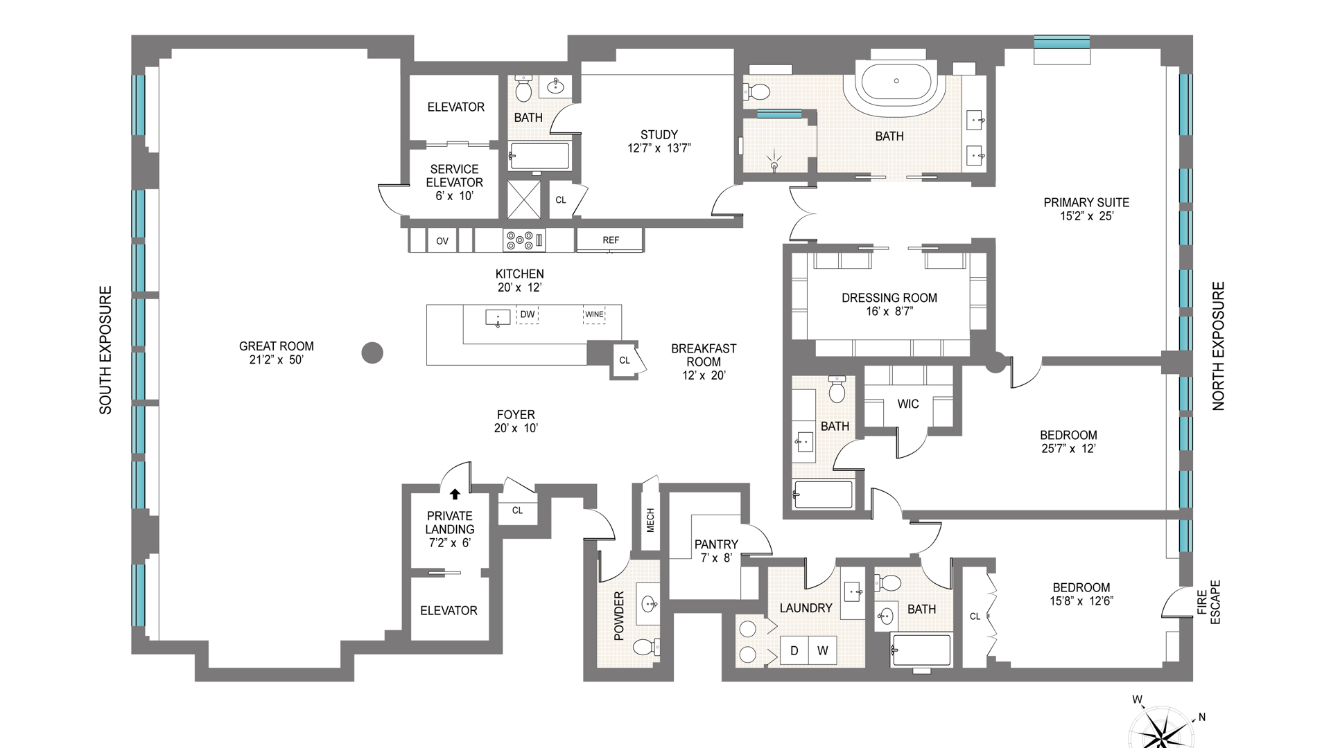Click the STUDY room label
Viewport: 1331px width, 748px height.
point(659,134)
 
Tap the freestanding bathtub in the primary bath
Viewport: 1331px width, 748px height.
point(896,81)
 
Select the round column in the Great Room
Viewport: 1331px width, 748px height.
point(373,353)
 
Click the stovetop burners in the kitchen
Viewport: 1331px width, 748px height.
point(525,240)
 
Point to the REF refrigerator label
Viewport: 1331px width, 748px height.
point(611,240)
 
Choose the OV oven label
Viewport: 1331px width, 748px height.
point(442,241)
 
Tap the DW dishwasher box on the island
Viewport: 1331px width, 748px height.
point(528,314)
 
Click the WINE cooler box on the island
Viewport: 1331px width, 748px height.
point(594,314)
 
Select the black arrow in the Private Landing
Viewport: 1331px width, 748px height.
point(455,494)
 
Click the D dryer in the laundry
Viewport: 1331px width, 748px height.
point(794,650)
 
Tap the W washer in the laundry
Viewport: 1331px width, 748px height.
point(823,650)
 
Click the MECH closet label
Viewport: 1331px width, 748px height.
point(650,520)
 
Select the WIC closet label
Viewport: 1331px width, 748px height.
point(908,404)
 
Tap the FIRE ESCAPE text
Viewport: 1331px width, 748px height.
point(1208,602)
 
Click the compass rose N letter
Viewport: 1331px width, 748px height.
point(1201,718)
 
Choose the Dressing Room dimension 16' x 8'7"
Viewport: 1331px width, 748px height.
point(889,312)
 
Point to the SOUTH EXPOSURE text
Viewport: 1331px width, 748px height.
point(105,350)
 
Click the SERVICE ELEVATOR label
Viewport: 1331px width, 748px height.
point(455,176)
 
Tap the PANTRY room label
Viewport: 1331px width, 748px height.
point(716,544)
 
